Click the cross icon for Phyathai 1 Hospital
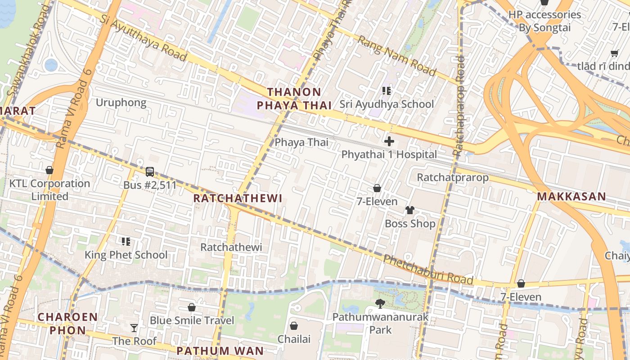(x=389, y=142)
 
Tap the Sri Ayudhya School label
(x=387, y=104)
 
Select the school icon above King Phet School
(x=126, y=242)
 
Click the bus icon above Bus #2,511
(x=150, y=172)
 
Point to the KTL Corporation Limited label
(x=49, y=190)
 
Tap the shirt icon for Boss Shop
(x=409, y=210)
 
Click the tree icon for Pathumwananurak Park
(x=380, y=304)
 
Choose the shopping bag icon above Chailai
(x=294, y=325)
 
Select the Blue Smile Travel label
(x=192, y=320)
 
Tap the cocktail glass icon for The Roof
(x=134, y=328)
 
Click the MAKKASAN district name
(x=571, y=197)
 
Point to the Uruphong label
(x=121, y=103)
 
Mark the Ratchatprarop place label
(x=452, y=177)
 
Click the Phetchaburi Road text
(x=427, y=270)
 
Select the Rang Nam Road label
(x=396, y=56)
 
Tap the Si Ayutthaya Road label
(x=143, y=38)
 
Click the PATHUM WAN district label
(x=220, y=351)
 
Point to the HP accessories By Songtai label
(x=544, y=21)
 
